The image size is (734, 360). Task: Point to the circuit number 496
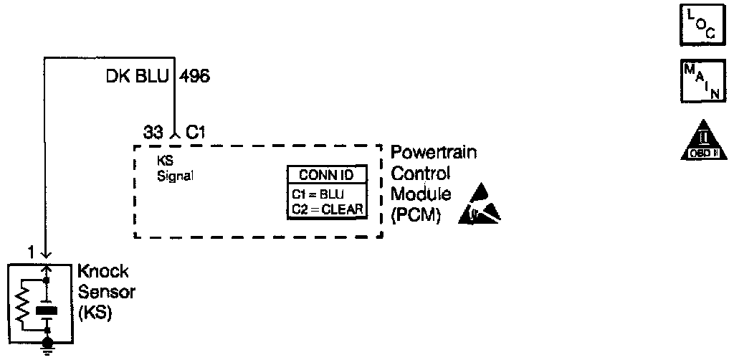(x=194, y=75)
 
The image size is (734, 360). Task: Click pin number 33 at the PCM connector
(x=153, y=133)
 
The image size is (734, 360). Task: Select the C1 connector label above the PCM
(x=196, y=133)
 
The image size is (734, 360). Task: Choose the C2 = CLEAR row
(x=328, y=209)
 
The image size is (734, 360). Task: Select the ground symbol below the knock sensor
(x=47, y=349)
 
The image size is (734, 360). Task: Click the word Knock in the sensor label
(x=103, y=272)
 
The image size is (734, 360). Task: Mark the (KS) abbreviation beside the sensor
(x=93, y=313)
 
